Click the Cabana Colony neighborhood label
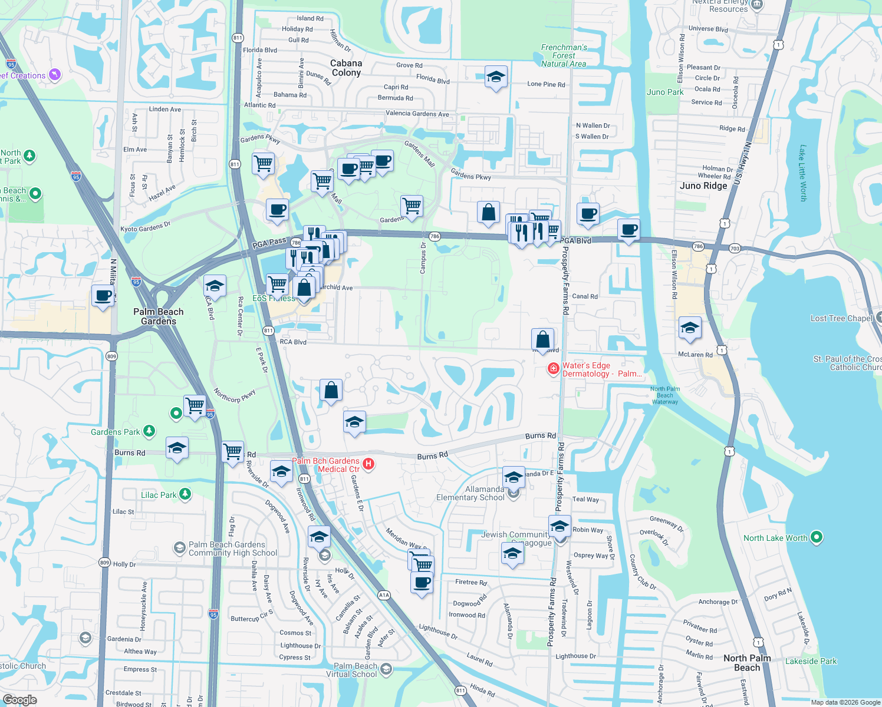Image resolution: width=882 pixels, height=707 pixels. (x=346, y=68)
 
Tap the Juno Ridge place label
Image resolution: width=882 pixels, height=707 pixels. (x=703, y=186)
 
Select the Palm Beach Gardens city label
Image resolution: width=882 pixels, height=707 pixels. (x=158, y=316)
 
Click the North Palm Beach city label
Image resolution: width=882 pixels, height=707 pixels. (x=747, y=663)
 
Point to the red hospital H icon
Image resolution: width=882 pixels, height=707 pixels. (x=368, y=464)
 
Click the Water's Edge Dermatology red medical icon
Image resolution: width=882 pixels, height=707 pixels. (x=553, y=369)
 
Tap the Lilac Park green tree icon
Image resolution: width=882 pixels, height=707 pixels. (x=185, y=494)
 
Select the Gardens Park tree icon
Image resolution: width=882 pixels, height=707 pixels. (x=149, y=431)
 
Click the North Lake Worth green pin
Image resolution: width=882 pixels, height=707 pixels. (x=817, y=537)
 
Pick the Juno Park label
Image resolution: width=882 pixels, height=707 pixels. (x=665, y=92)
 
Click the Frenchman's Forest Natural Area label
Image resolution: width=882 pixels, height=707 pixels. (x=564, y=55)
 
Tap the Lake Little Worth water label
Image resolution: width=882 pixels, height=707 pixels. (x=802, y=173)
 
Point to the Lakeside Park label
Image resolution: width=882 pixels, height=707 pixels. (x=811, y=661)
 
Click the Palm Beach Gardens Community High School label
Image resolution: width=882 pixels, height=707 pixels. (x=232, y=549)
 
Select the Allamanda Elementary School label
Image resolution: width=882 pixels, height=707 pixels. (x=470, y=493)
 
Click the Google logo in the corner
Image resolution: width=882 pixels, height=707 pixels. (x=19, y=699)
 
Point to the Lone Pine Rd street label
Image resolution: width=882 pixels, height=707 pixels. (x=546, y=84)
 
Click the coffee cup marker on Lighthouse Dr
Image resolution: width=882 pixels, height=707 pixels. (x=422, y=583)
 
